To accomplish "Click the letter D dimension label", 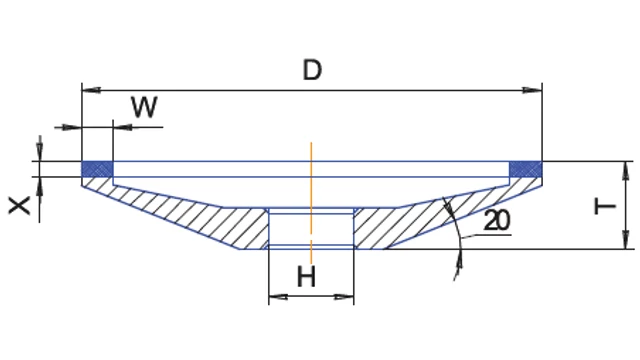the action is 312,70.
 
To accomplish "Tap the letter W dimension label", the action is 144,107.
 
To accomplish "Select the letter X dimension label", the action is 19,205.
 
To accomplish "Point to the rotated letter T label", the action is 605,206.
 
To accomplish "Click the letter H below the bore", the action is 307,277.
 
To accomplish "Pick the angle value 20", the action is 497,221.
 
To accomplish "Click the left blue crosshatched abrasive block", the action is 98,169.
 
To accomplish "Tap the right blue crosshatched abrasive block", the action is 526,169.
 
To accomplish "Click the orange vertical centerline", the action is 311,203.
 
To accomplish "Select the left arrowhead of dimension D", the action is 91,90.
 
